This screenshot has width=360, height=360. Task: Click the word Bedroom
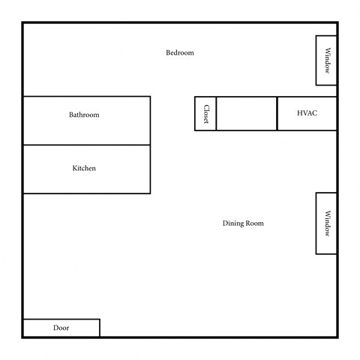click(180, 52)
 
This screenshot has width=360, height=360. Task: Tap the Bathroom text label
click(84, 115)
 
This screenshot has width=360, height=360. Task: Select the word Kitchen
click(84, 168)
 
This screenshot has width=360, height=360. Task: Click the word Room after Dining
click(255, 223)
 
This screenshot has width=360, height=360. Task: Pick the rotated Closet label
click(205, 114)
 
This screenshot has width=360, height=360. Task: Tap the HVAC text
click(307, 113)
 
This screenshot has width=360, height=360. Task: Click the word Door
click(61, 328)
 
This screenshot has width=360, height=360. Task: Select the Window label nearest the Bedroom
click(327, 61)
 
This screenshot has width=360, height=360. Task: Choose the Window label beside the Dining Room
click(327, 223)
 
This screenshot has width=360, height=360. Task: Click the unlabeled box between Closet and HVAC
click(247, 113)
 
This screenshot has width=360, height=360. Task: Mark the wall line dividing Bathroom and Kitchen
click(86, 145)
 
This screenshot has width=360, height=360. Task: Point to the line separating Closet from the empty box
click(216, 113)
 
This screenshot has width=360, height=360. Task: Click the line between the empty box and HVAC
click(277, 113)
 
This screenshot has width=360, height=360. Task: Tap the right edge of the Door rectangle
click(100, 328)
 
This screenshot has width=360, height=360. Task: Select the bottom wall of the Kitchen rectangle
click(86, 193)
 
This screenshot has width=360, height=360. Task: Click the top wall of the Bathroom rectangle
click(86, 96)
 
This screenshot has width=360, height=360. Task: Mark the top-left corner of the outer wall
click(22, 22)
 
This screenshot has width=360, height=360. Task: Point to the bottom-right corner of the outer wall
click(337, 337)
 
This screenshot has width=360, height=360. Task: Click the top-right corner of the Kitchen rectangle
click(150, 145)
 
